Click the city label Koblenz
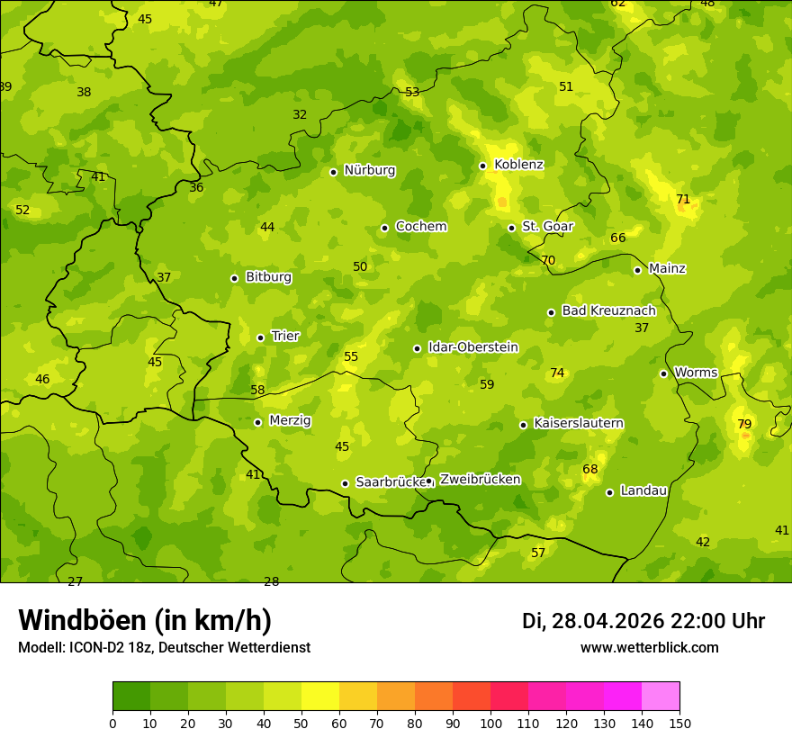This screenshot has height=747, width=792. (518, 165)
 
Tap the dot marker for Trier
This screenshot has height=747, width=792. (260, 337)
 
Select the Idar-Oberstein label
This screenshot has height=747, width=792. (472, 347)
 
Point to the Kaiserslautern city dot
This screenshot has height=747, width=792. (523, 425)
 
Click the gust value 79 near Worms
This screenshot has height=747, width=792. (744, 424)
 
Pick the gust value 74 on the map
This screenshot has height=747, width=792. (557, 373)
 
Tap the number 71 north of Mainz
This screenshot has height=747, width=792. (683, 199)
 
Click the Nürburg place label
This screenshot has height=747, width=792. (369, 170)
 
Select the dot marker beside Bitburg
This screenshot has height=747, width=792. (234, 278)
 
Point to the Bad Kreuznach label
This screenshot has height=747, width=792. (608, 310)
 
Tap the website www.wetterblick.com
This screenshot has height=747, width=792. (649, 647)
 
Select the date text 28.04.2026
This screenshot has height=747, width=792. (607, 621)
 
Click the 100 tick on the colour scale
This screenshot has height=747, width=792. (490, 723)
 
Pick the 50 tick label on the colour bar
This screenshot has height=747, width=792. (301, 723)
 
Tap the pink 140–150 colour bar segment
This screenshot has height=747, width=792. (661, 697)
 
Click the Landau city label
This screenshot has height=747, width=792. (643, 490)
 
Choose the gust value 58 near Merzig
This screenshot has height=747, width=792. (257, 390)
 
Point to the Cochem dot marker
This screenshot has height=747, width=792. (384, 228)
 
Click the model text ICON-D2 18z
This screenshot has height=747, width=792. (108, 647)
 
